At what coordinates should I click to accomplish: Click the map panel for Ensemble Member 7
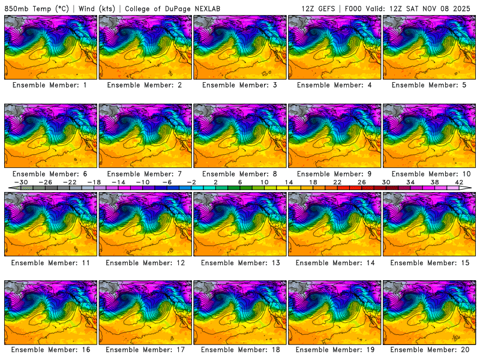(146, 136)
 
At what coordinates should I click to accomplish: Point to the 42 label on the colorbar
(459, 181)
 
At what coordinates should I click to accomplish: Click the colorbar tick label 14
(289, 181)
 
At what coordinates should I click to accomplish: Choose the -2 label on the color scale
(192, 181)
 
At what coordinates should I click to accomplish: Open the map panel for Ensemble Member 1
(51, 47)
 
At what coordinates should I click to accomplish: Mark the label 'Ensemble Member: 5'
(430, 85)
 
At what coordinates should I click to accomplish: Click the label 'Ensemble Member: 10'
(430, 173)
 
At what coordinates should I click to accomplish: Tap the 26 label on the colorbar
(362, 181)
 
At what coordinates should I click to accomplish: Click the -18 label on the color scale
(95, 181)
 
